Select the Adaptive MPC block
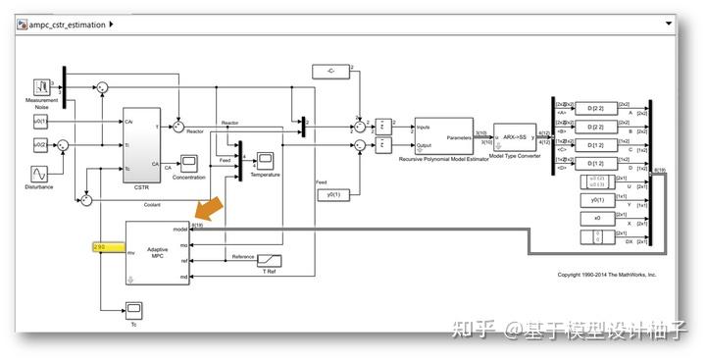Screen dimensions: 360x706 click(x=157, y=253)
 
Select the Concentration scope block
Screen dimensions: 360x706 click(x=189, y=163)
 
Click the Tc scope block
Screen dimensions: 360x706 click(x=134, y=309)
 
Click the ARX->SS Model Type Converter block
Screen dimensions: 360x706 click(x=514, y=137)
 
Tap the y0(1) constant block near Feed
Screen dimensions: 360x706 click(x=332, y=194)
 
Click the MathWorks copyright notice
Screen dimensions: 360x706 click(x=606, y=275)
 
